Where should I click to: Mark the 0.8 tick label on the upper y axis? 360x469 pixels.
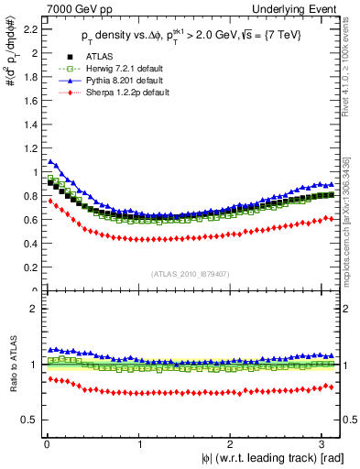(30, 196)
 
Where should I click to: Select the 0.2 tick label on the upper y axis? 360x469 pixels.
(30, 267)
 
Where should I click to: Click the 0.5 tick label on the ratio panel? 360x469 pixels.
(30, 420)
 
